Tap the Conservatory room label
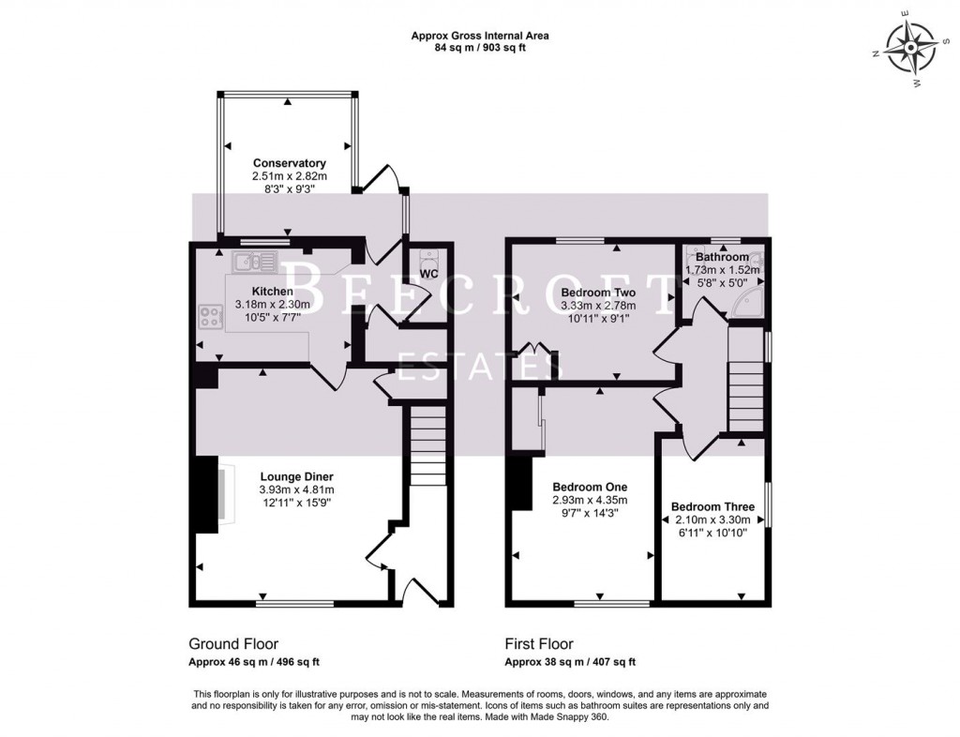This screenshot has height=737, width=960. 289,163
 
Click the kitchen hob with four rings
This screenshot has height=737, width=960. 210,317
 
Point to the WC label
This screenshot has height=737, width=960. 428,274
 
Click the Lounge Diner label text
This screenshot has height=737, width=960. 296,476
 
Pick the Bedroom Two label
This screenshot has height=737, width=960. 598,293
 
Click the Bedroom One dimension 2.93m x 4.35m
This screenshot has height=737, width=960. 590,500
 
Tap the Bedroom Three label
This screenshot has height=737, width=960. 712,506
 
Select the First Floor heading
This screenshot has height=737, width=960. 539,644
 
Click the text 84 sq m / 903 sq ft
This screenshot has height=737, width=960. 480,48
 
